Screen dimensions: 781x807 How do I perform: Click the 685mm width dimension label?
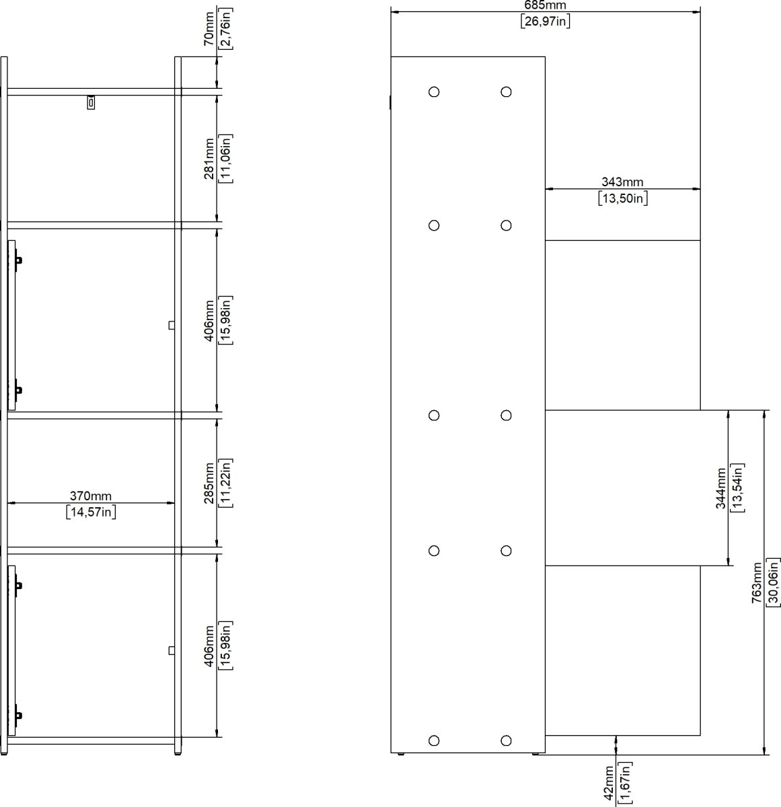(545, 5)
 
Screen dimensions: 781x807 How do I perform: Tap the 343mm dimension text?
(622, 182)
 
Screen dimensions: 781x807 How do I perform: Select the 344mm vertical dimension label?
(721, 488)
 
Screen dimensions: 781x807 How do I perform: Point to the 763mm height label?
(757, 582)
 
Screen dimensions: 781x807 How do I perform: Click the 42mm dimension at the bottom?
(609, 783)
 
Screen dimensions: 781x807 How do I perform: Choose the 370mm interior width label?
(90, 496)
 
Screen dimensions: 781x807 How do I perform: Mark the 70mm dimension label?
(209, 29)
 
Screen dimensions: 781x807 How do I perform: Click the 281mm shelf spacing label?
(209, 159)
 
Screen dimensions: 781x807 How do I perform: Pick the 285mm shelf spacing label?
(209, 483)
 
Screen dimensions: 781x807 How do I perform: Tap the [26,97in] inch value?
(546, 21)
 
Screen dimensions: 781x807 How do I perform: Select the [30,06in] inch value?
(774, 582)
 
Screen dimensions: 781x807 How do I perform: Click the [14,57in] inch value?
(91, 512)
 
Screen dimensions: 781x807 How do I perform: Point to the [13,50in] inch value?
(622, 198)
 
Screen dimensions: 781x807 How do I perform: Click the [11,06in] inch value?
(226, 159)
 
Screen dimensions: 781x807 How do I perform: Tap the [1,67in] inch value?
(625, 783)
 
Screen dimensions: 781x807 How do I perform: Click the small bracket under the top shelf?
(91, 102)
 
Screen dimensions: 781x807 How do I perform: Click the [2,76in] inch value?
(226, 29)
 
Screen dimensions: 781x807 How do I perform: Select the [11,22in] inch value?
(226, 483)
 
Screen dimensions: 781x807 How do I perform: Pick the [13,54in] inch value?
(737, 488)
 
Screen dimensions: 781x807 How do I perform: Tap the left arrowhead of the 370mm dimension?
(11, 503)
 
